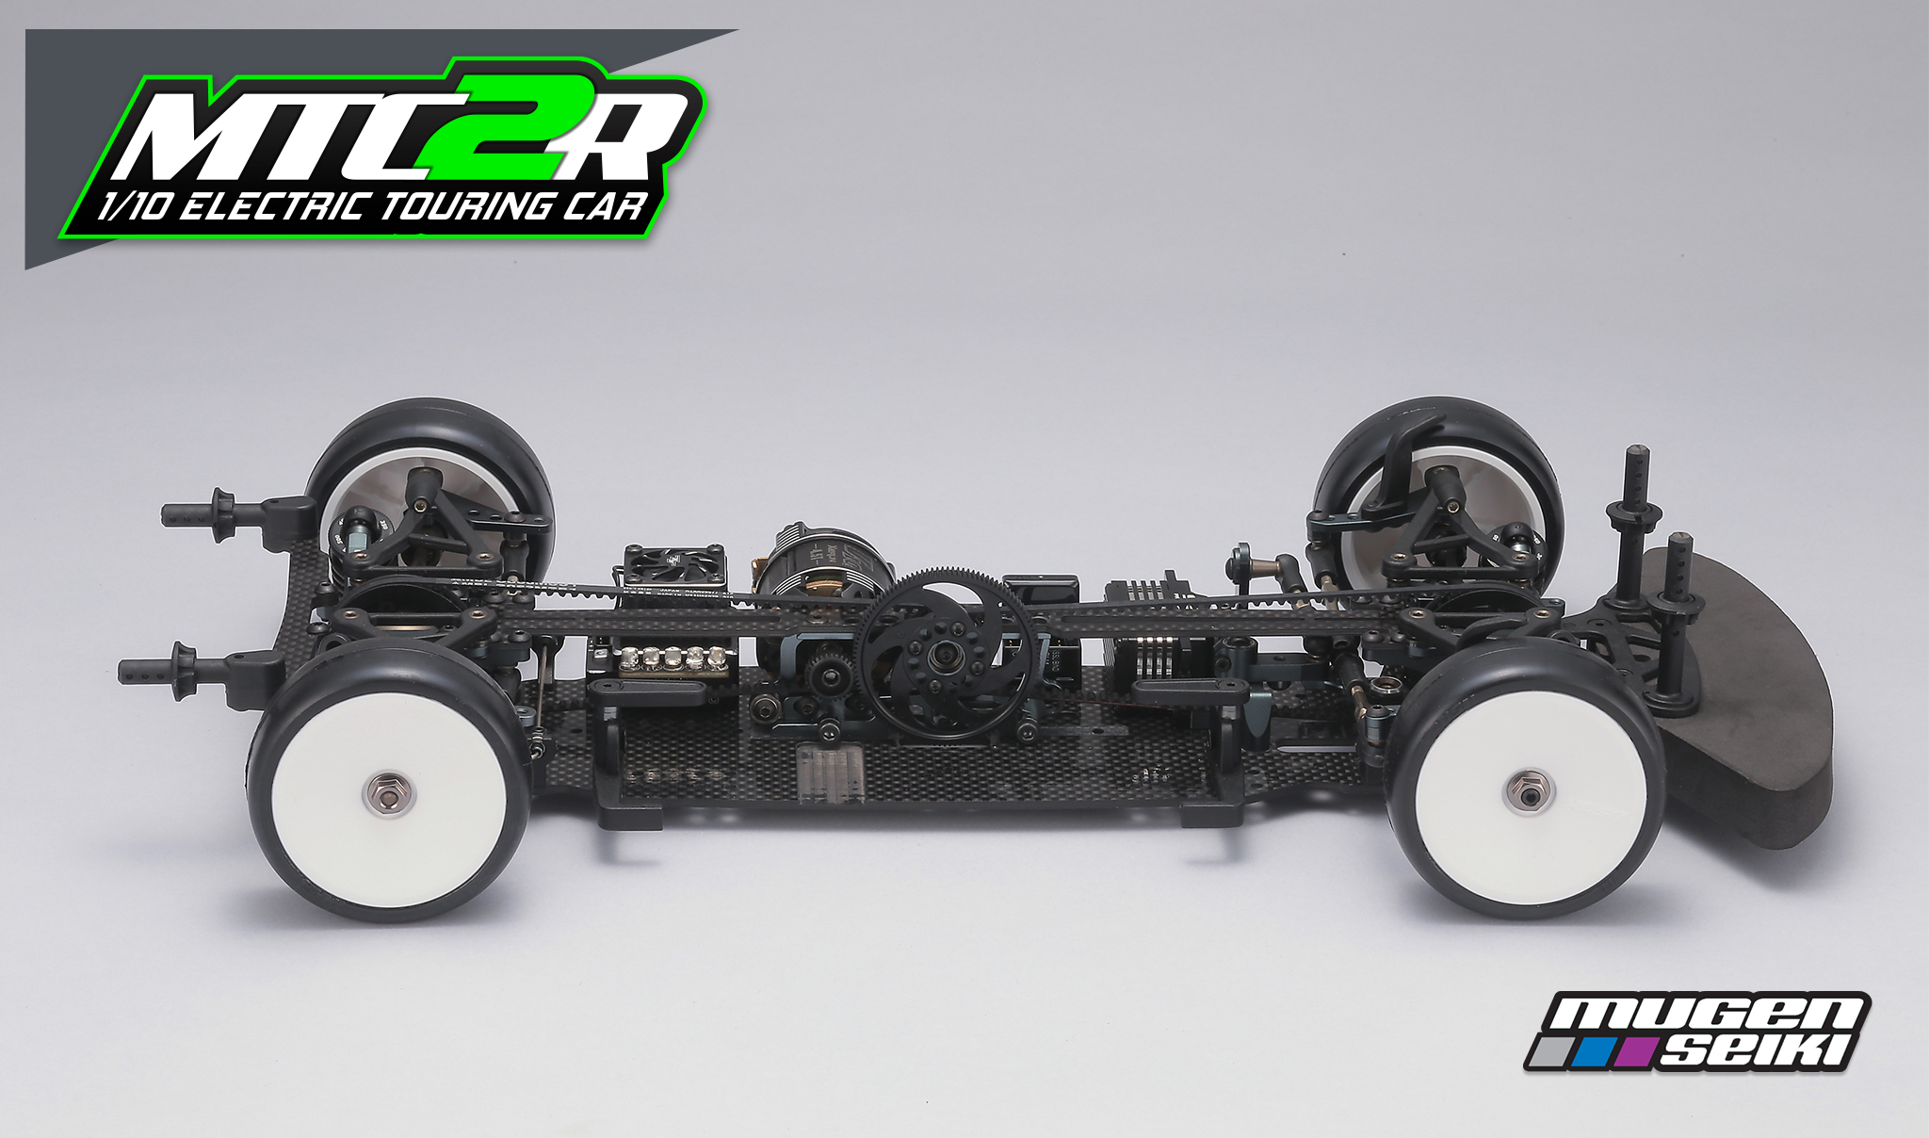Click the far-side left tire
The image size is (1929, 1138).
[x=429, y=471]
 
